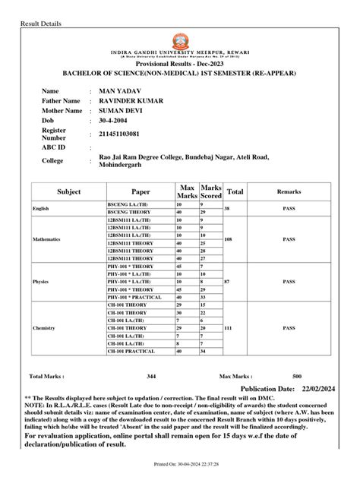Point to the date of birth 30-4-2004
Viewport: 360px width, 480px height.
click(115, 120)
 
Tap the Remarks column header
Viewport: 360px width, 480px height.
click(289, 192)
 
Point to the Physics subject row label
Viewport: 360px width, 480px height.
click(41, 281)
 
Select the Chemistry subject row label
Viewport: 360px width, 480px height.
click(44, 328)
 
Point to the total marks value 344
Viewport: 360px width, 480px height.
click(151, 376)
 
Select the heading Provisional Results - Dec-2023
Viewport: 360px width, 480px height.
click(180, 66)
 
